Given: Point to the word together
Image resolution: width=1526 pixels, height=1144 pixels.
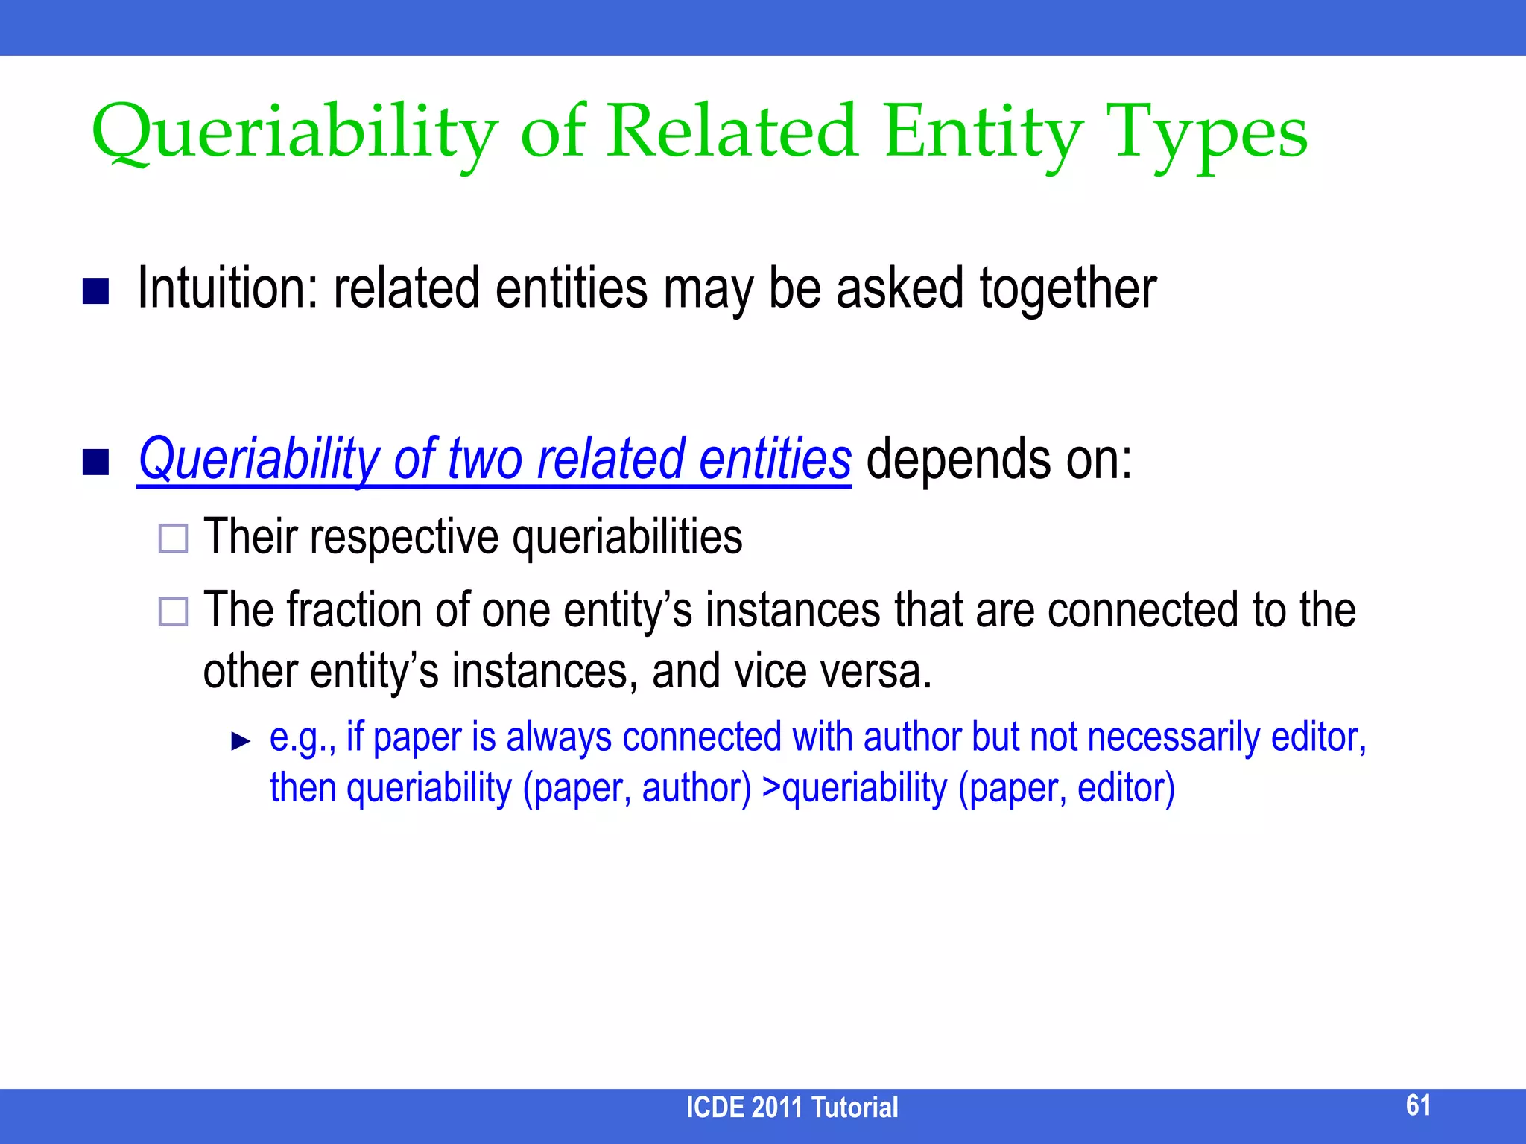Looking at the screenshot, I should pyautogui.click(x=1067, y=289).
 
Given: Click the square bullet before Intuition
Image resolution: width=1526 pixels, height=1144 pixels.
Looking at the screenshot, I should pyautogui.click(x=95, y=291).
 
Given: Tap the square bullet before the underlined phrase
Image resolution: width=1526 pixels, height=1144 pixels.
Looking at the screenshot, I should pyautogui.click(x=95, y=462).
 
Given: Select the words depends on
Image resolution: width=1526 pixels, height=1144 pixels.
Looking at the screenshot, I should pyautogui.click(x=998, y=460).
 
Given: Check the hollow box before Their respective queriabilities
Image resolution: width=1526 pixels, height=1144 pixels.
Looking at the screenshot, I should pyautogui.click(x=173, y=538).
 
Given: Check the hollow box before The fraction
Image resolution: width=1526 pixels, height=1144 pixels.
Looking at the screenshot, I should pyautogui.click(x=173, y=611).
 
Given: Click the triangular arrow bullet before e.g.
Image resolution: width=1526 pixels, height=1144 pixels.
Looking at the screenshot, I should pyautogui.click(x=241, y=741).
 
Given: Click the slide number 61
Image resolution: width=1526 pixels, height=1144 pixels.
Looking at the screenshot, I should pyautogui.click(x=1418, y=1105).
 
